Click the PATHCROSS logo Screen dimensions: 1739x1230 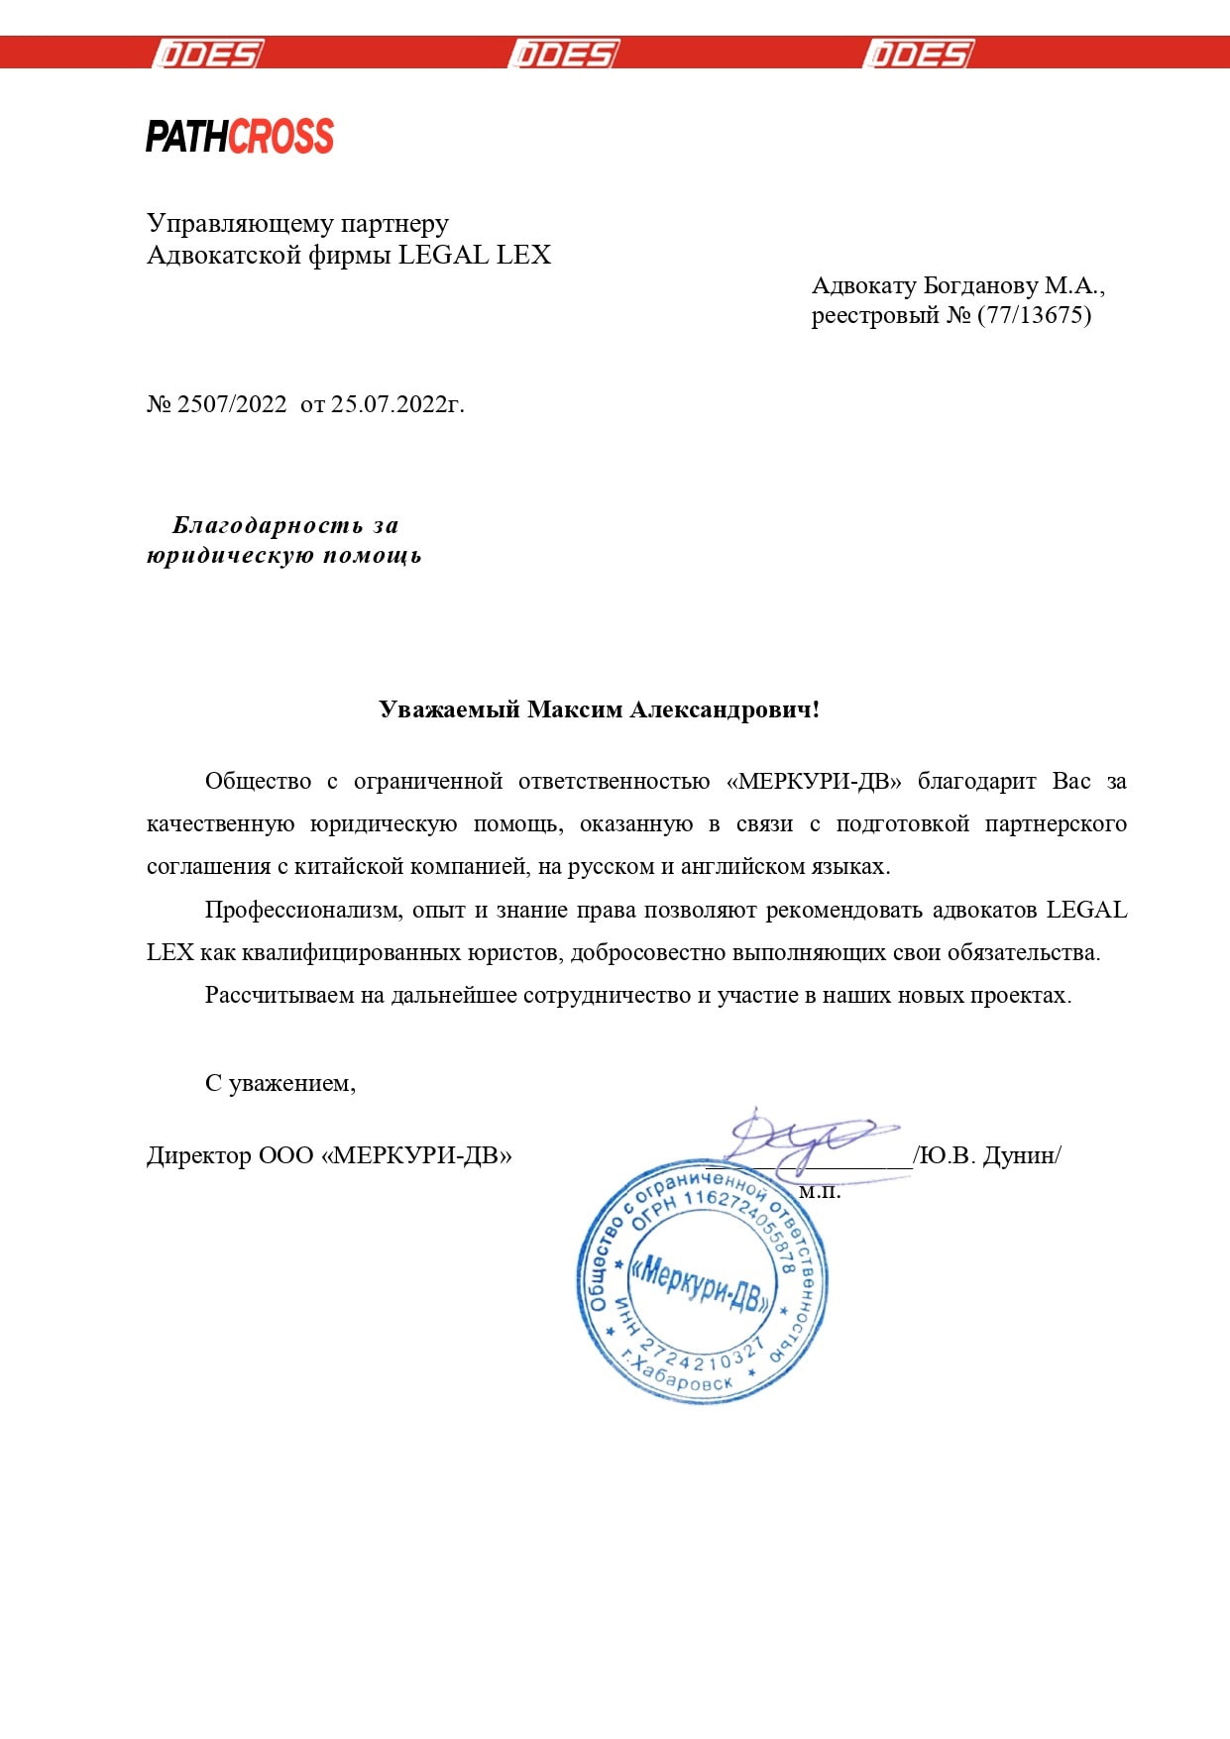pos(240,136)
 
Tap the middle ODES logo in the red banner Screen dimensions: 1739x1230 pos(564,54)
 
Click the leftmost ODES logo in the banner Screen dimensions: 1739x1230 pos(208,54)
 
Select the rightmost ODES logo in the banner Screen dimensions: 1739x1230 pos(919,54)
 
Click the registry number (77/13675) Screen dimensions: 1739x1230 pos(1034,315)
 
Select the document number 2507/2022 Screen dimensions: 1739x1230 pos(231,404)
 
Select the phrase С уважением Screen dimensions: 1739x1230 pos(280,1083)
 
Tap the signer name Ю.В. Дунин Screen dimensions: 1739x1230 pos(988,1155)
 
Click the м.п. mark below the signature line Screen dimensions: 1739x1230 pos(820,1192)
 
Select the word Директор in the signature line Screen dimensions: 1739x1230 pos(199,1155)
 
